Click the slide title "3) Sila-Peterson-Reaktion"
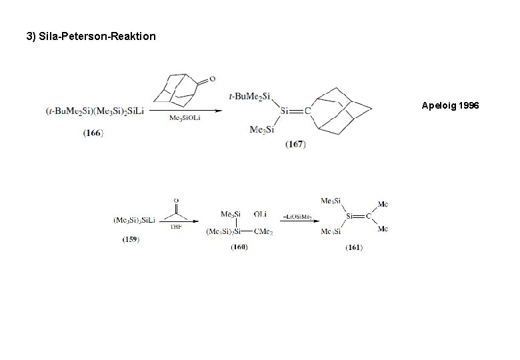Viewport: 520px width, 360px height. point(91,36)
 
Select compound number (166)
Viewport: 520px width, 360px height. point(93,133)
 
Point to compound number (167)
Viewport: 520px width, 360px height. point(295,144)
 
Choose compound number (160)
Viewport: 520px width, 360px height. point(239,247)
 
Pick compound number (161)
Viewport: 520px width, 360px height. point(354,247)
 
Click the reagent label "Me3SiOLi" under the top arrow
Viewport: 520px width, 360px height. point(185,118)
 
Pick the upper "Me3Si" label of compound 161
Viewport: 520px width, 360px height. point(331,201)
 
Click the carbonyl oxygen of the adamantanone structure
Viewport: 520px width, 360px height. point(212,79)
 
